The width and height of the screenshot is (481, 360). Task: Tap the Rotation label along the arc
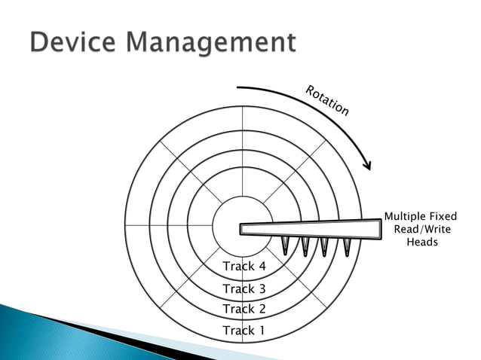[327, 101]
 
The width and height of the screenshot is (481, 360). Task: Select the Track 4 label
[244, 267]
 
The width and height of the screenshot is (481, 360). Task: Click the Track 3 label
[244, 288]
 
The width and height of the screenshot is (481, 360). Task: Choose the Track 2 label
[244, 309]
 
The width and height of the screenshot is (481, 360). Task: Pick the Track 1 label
[244, 330]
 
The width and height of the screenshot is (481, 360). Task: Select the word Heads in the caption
[422, 243]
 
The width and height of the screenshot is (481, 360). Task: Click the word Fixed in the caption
[443, 217]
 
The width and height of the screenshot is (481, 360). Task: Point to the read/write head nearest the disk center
[286, 245]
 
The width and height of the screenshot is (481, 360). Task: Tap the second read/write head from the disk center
[305, 246]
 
